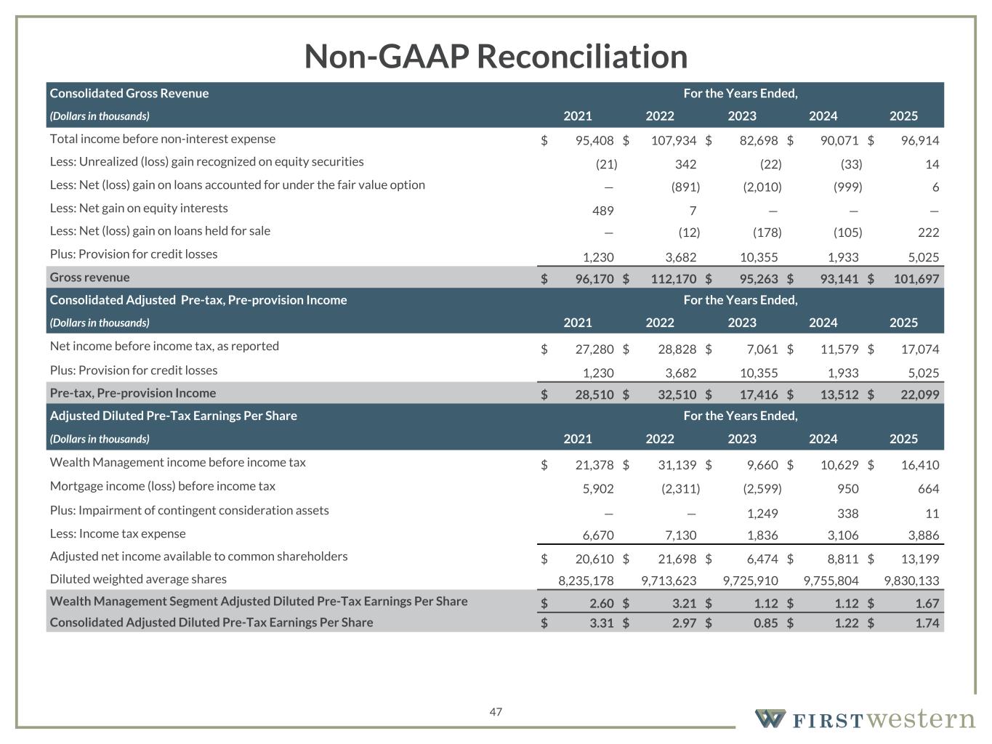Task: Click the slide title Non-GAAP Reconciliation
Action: [496, 56]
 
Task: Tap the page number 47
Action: [496, 712]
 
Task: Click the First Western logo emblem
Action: [770, 719]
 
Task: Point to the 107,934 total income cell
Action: [673, 141]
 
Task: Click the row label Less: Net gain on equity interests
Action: [139, 209]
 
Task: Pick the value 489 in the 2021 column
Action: [603, 211]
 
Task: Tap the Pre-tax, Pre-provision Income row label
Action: [133, 393]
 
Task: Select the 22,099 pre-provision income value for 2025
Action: [920, 395]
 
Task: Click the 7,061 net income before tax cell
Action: [762, 349]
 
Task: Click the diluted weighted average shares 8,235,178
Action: [586, 581]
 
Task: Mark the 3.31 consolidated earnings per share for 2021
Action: [602, 623]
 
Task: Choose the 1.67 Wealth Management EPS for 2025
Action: [927, 604]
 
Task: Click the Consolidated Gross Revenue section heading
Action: [129, 93]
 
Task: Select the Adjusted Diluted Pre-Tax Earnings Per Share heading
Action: [174, 416]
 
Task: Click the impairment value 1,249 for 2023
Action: [762, 514]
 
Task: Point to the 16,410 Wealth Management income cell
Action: [920, 465]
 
